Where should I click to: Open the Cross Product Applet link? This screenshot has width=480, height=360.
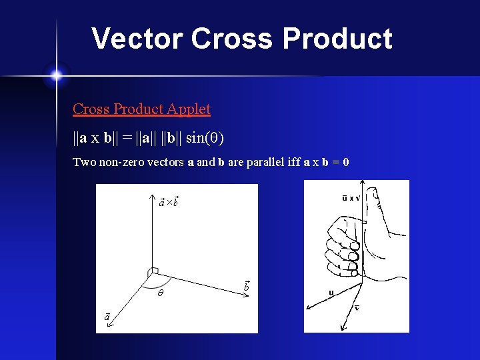[x=141, y=109]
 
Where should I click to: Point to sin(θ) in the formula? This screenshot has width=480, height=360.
[x=205, y=138]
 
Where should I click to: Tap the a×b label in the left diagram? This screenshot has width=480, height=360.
[x=168, y=202]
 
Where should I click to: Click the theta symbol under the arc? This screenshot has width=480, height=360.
[x=161, y=293]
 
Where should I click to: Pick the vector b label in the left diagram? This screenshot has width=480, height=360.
[x=246, y=286]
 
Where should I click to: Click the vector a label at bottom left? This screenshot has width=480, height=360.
[x=107, y=316]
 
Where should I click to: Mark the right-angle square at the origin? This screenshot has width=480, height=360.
[x=153, y=271]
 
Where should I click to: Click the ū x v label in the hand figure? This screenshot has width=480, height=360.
[x=347, y=197]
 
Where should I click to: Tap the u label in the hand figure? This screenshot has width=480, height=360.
[x=331, y=293]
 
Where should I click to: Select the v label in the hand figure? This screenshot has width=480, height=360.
[x=357, y=307]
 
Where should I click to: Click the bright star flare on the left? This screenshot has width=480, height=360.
[x=56, y=75]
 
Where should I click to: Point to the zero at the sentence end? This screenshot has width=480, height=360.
[x=346, y=162]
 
